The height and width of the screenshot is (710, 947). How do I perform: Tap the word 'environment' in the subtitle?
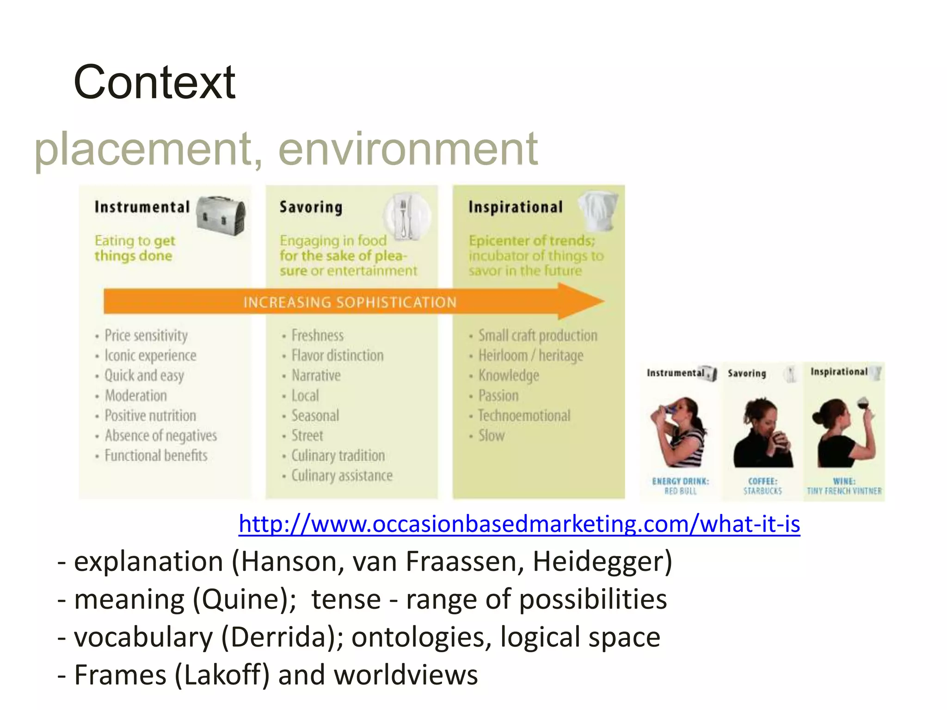pos(408,149)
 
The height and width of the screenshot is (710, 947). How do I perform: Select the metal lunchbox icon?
pos(221,214)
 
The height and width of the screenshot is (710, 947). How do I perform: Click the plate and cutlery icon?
pos(406,216)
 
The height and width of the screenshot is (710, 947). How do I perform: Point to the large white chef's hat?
pos(598,210)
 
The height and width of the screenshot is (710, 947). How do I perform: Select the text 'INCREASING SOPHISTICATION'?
pos(350,302)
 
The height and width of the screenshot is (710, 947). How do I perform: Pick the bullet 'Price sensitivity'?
pos(146,336)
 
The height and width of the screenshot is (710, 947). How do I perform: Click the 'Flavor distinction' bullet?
pos(337,355)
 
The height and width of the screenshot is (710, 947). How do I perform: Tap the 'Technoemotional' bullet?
pos(524,416)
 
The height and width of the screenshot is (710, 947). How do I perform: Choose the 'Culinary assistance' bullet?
pos(342,476)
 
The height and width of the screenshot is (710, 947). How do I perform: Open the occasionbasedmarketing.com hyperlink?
pos(519,524)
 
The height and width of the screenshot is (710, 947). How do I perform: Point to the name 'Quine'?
pos(240,600)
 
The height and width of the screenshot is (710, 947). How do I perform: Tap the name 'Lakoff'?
pos(222,675)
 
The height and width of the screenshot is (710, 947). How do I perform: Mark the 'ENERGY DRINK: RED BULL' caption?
pos(680,486)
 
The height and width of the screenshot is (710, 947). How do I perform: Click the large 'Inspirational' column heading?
pos(516,207)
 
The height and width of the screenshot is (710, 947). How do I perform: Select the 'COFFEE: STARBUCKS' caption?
pos(763,486)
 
